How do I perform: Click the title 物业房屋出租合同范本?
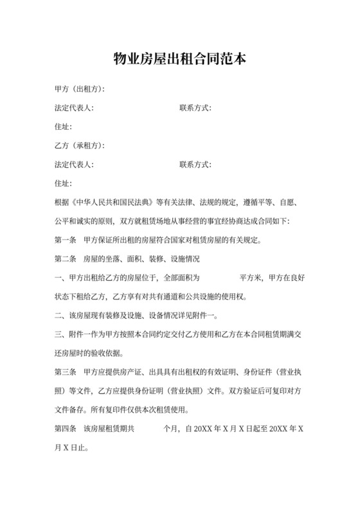click(x=179, y=60)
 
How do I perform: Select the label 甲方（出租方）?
click(x=80, y=89)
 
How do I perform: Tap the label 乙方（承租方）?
click(x=80, y=146)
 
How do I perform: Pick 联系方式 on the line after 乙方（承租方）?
click(x=195, y=165)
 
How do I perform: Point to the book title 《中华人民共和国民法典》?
click(x=113, y=202)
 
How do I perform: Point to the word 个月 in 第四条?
click(x=172, y=429)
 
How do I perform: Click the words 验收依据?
click(x=109, y=354)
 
